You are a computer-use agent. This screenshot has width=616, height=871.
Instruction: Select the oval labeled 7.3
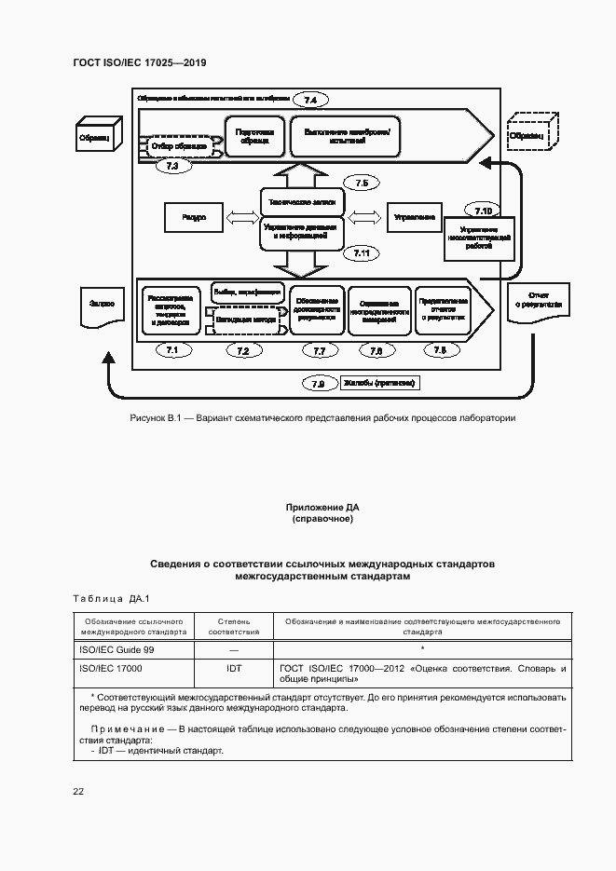click(171, 166)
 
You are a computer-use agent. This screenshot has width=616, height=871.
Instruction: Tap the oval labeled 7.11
click(363, 252)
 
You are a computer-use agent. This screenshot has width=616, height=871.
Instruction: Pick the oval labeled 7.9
click(319, 383)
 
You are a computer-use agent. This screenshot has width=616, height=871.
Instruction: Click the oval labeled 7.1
click(171, 350)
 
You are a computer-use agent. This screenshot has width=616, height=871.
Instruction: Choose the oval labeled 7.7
click(320, 350)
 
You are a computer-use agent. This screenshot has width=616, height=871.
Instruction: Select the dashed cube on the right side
click(532, 134)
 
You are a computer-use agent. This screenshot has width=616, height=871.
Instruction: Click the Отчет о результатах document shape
click(534, 304)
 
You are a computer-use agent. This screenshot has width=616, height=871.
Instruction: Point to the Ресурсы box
click(194, 217)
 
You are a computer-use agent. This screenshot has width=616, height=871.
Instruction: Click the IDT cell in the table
click(234, 668)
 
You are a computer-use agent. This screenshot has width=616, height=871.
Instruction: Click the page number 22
click(78, 791)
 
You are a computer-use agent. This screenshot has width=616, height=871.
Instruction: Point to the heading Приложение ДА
click(322, 507)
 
